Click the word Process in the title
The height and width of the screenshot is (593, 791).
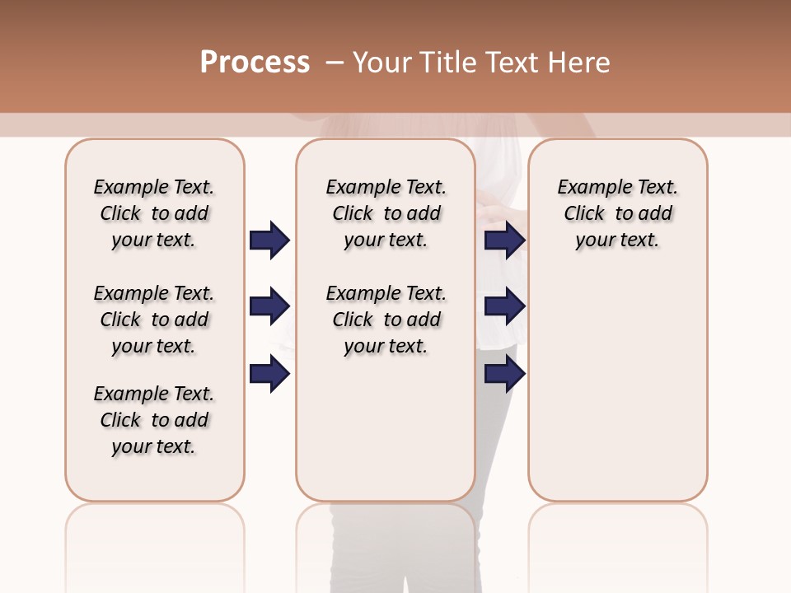coord(255,63)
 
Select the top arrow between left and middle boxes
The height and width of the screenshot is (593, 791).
coord(269,240)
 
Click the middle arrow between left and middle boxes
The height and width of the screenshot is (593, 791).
coord(269,306)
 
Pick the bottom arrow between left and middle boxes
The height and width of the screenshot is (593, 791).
coord(269,374)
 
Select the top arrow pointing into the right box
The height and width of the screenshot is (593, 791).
coord(504,240)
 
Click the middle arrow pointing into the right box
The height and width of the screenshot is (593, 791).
coord(504,306)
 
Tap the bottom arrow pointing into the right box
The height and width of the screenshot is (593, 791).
coord(504,374)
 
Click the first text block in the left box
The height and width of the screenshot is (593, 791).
coord(154,213)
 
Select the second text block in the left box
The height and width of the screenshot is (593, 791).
coord(154,320)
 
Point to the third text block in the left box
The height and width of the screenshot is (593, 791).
coord(154,420)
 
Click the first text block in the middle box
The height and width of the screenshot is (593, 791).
coord(386,213)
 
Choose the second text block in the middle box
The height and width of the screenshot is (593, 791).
coord(386,320)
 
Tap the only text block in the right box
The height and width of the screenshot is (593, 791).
coord(617,213)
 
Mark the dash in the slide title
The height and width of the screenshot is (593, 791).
coord(335,63)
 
